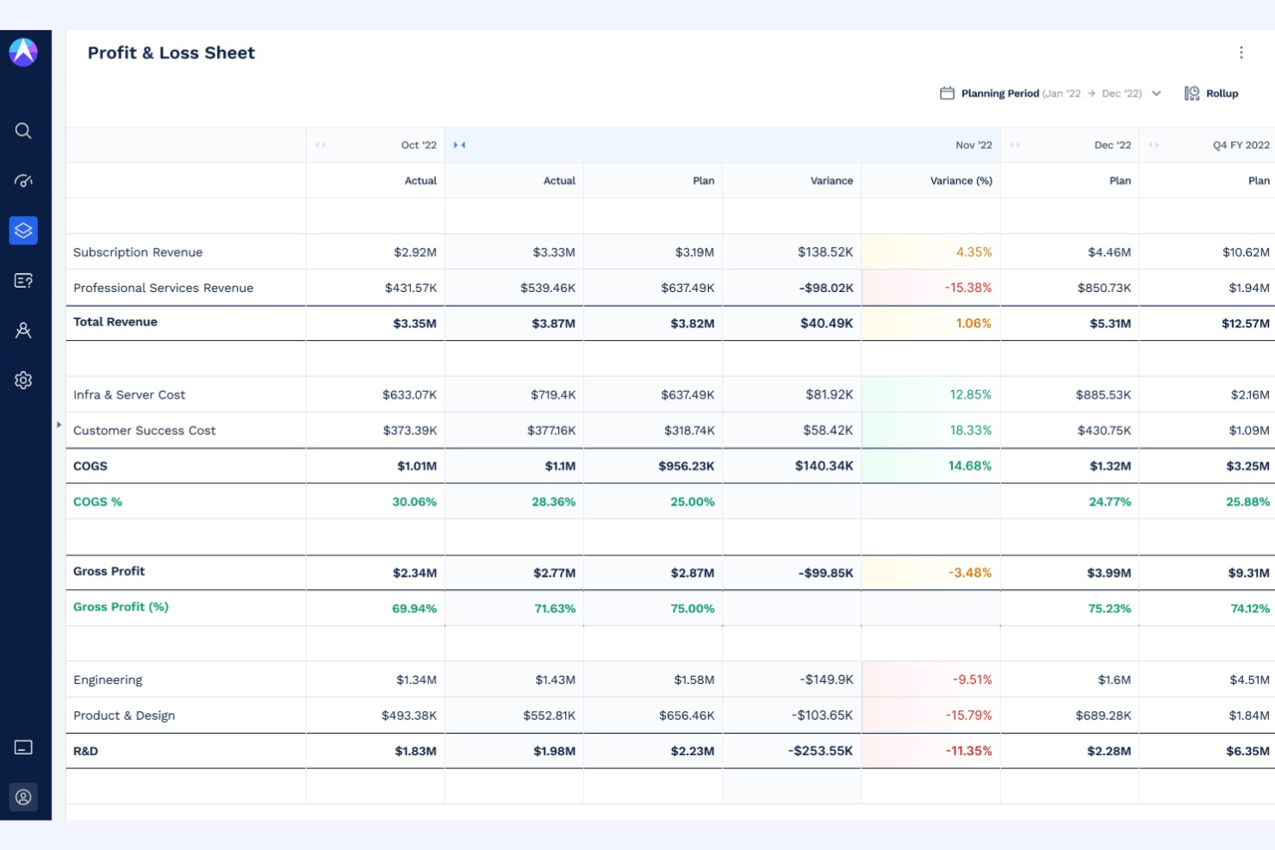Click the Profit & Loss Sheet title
point(171,53)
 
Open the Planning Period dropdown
point(1050,93)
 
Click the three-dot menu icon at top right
point(1241,53)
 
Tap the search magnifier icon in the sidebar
point(23,131)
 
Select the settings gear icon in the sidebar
point(23,380)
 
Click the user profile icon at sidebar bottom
point(23,797)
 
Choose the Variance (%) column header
point(961,181)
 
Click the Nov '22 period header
point(973,146)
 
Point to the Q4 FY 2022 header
point(1241,146)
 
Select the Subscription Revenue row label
point(138,252)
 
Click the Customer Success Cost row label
point(145,431)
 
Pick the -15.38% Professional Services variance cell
point(967,288)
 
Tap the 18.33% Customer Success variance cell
point(970,431)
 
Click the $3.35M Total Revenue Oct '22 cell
point(414,324)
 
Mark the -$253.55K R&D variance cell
point(820,751)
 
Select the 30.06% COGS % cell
point(414,502)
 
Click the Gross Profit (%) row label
point(121,607)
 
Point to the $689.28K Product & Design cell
point(1103,716)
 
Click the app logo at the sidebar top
point(23,53)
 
